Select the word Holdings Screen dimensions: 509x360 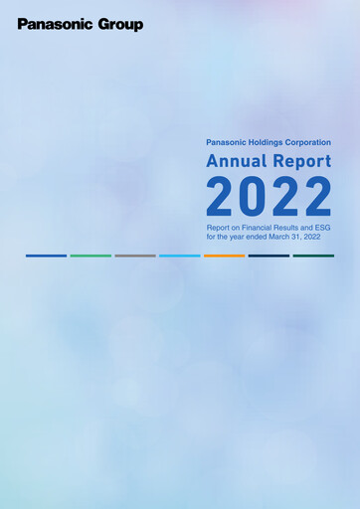point(263,142)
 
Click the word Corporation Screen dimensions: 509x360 point(307,142)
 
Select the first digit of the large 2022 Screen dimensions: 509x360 point(222,197)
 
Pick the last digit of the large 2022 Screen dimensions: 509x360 point(317,197)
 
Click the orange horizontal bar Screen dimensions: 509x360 point(224,255)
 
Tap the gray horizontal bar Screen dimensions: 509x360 point(135,255)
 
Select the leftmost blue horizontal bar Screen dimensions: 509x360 point(46,255)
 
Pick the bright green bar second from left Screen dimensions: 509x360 point(90,255)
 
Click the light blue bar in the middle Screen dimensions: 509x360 point(180,255)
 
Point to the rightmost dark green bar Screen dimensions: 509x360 point(313,255)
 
